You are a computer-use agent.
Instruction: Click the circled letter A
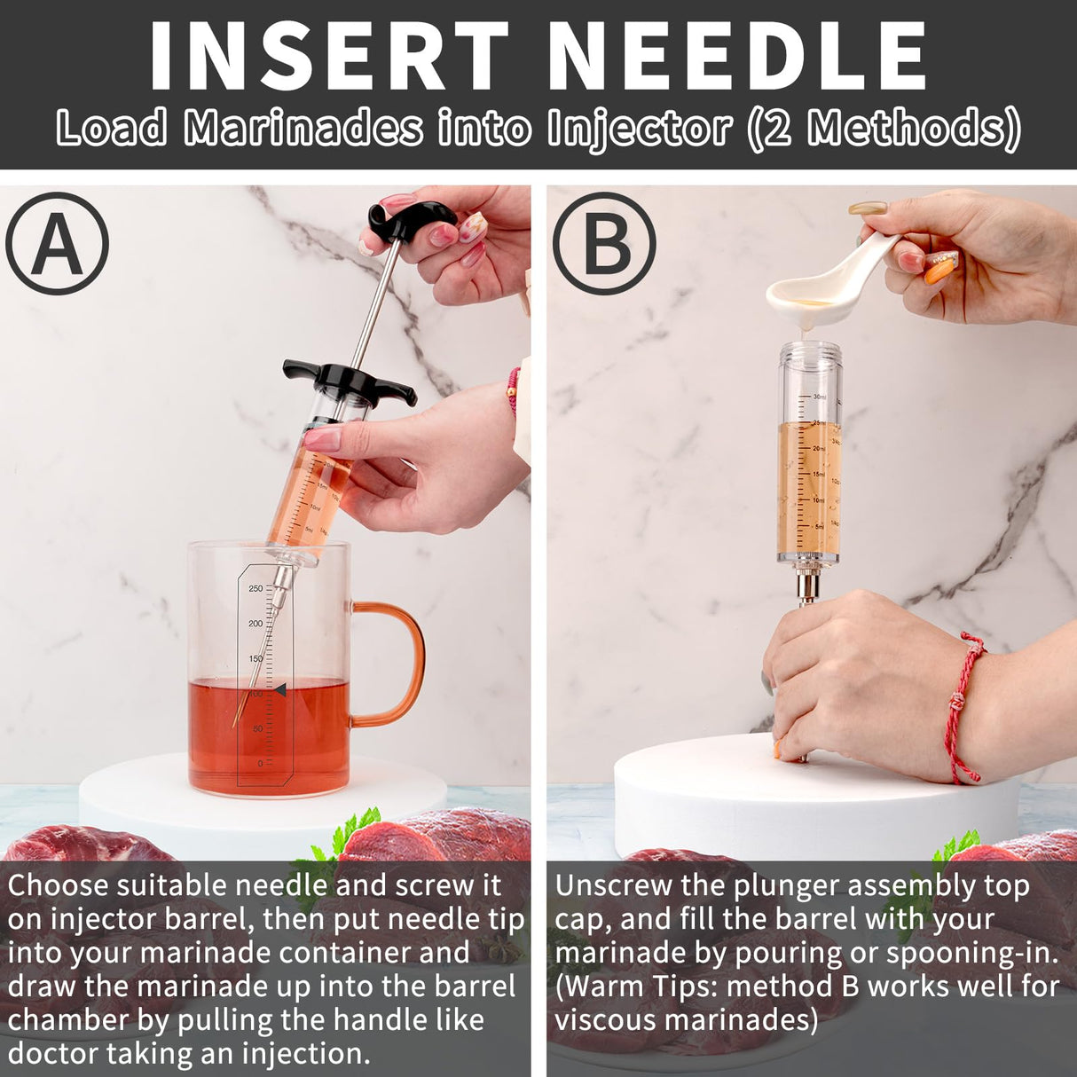(57, 244)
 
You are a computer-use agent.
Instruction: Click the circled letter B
(604, 242)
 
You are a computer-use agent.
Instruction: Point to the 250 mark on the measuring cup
(255, 589)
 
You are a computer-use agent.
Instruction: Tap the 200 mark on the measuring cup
(255, 624)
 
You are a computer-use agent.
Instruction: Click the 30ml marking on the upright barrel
(819, 397)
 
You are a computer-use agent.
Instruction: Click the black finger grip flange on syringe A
(350, 379)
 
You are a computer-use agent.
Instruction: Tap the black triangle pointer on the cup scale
(279, 690)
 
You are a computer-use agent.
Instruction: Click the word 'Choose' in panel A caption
(59, 885)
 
